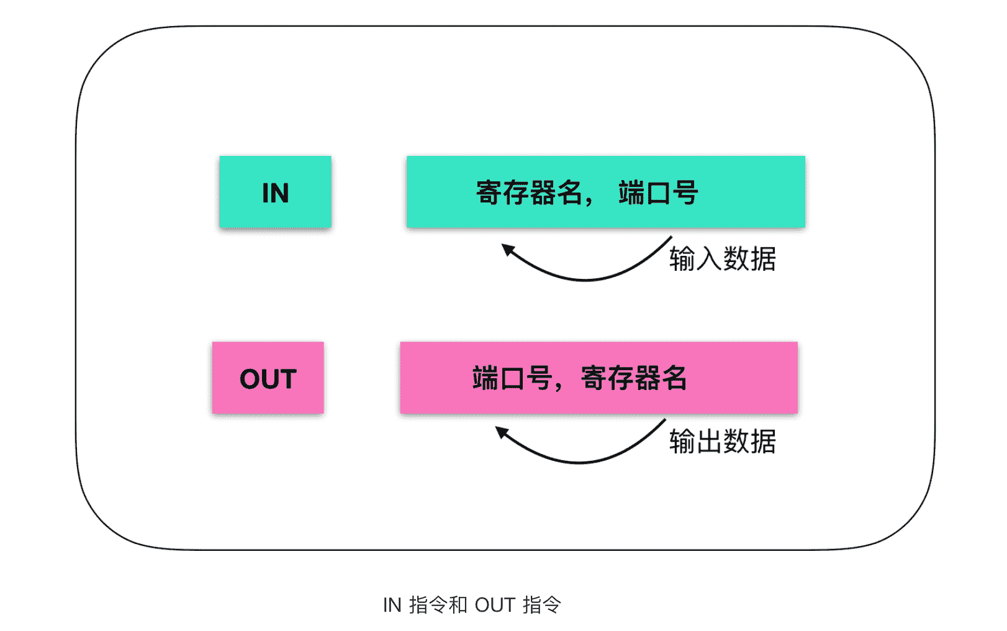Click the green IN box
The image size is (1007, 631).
pyautogui.click(x=275, y=192)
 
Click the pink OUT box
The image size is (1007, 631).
pyautogui.click(x=268, y=378)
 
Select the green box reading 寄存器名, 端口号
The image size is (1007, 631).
pyautogui.click(x=605, y=192)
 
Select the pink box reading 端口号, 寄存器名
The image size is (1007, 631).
pyautogui.click(x=598, y=378)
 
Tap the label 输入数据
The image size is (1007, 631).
pyautogui.click(x=722, y=258)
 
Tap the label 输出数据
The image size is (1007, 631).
pyautogui.click(x=722, y=442)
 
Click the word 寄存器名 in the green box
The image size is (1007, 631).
pyautogui.click(x=529, y=193)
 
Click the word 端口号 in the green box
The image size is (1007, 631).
pyautogui.click(x=658, y=193)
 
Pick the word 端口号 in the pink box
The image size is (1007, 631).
pyautogui.click(x=512, y=378)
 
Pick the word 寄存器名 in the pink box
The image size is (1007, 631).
pyautogui.click(x=634, y=378)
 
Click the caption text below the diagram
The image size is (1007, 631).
pyautogui.click(x=472, y=604)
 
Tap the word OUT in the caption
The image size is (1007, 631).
pyautogui.click(x=495, y=605)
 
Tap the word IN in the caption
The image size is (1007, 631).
pyautogui.click(x=392, y=605)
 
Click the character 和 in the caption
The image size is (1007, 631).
pyautogui.click(x=458, y=604)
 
